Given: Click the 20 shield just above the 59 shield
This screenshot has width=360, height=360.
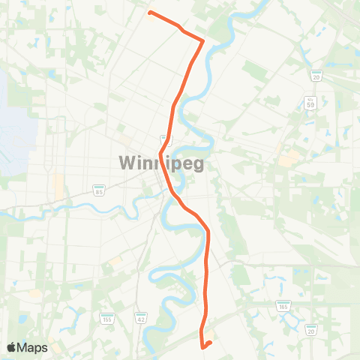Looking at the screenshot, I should click(317, 76).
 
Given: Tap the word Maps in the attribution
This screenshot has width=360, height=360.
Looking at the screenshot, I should click(33, 347).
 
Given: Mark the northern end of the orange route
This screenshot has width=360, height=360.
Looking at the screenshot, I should click(151, 13).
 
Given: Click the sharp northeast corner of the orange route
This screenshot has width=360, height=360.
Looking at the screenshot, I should click(203, 40).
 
